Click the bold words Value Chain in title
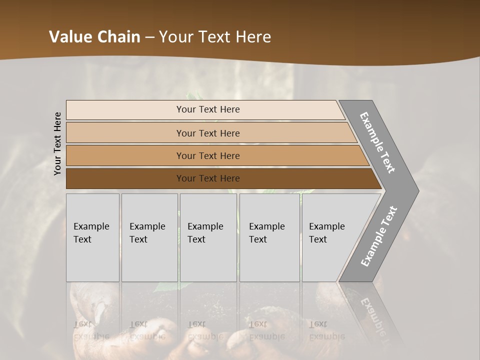[x=94, y=37]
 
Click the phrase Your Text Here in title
[x=215, y=37]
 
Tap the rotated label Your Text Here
[x=57, y=144]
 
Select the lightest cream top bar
[x=125, y=110]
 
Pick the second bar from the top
[x=125, y=133]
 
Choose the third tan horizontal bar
[x=125, y=155]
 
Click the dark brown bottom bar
[x=125, y=178]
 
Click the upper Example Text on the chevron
[x=377, y=142]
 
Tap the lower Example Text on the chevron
[x=379, y=236]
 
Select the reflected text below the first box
[x=91, y=330]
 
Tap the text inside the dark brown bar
[x=208, y=178]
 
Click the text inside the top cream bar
[x=208, y=109]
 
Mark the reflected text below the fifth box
[x=326, y=330]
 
